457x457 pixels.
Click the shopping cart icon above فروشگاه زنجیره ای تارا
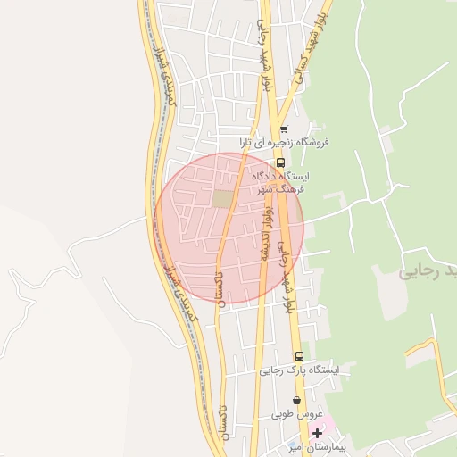coord(284,129)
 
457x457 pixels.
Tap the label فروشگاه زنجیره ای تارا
coord(285,142)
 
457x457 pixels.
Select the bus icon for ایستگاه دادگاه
coord(280,162)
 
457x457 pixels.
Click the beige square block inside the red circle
coord(221,198)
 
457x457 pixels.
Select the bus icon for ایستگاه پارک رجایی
coord(298,355)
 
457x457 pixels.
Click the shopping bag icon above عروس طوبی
coord(297,401)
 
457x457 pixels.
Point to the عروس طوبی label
coord(294,415)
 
